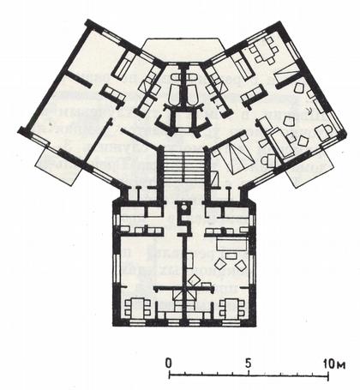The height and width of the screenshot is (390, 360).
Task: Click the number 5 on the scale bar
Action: [x=248, y=363]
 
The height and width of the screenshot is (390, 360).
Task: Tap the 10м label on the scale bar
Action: [x=334, y=364]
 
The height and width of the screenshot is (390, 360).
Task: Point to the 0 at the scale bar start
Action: [x=169, y=363]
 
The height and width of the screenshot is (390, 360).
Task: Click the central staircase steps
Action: [x=183, y=166]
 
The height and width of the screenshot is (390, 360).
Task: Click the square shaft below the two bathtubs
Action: [x=183, y=120]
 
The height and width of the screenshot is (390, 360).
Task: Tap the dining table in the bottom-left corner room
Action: [x=137, y=309]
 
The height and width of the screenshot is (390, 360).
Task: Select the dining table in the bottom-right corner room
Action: [x=232, y=309]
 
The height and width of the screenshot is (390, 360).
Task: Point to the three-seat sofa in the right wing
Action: [x=254, y=97]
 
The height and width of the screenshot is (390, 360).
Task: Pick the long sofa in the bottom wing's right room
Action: [x=231, y=244]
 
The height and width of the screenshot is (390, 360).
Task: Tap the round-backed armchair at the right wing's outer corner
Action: [x=325, y=132]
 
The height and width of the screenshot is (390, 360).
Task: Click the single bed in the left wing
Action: [x=123, y=65]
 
